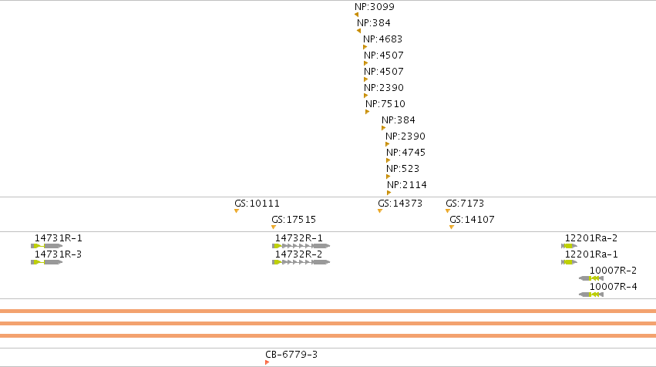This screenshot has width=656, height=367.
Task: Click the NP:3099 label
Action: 375,7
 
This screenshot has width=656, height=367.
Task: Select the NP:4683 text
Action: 382,39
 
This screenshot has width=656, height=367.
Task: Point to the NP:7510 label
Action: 385,104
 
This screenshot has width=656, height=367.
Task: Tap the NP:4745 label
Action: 405,153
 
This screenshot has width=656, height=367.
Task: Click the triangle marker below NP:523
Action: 389,177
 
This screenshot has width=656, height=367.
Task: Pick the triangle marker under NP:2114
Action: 389,193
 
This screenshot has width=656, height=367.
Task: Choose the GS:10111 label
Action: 257,204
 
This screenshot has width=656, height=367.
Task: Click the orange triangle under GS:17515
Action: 274,227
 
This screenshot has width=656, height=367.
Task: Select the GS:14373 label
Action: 400,204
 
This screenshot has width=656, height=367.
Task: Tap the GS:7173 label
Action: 465,204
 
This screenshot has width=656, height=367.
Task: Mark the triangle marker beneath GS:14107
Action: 452,227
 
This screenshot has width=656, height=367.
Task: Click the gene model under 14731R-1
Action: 47,246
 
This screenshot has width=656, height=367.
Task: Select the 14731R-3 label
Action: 58,254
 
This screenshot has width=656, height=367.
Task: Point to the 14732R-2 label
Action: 299,254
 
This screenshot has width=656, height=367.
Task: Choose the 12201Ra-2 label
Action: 591,238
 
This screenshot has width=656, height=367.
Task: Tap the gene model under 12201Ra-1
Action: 570,262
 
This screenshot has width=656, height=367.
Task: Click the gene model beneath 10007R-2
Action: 591,278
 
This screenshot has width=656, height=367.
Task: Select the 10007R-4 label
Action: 614,287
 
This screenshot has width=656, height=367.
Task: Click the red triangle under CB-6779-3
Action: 267,362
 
